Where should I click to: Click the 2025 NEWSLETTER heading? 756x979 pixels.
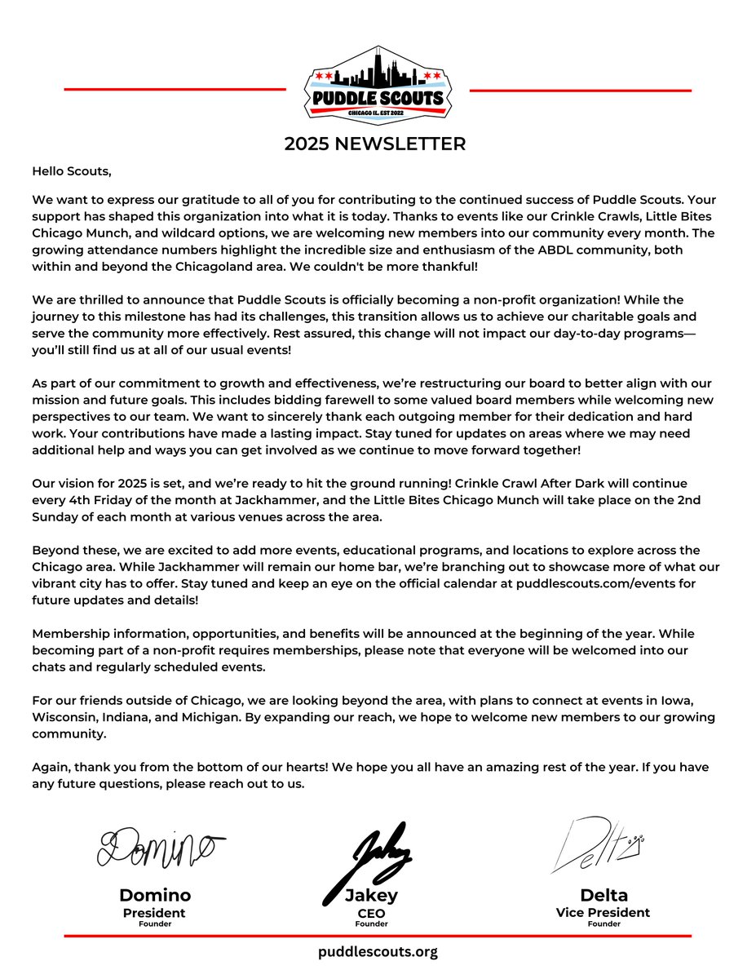pyautogui.click(x=375, y=144)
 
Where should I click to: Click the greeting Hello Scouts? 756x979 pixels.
pyautogui.click(x=71, y=171)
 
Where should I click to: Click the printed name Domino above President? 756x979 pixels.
pyautogui.click(x=154, y=895)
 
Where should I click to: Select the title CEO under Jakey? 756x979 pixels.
pyautogui.click(x=371, y=913)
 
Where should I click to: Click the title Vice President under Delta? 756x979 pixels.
pyautogui.click(x=603, y=913)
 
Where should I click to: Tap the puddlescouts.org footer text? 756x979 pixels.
pyautogui.click(x=378, y=951)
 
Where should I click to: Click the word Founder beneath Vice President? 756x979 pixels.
pyautogui.click(x=603, y=924)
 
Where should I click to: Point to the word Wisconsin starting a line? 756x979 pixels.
pyautogui.click(x=64, y=717)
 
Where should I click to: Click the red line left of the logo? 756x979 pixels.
pyautogui.click(x=175, y=90)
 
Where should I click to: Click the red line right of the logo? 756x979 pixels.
pyautogui.click(x=581, y=90)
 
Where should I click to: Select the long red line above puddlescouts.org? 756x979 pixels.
pyautogui.click(x=378, y=936)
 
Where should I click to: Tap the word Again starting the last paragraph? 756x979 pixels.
pyautogui.click(x=50, y=768)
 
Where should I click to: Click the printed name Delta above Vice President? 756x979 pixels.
pyautogui.click(x=603, y=895)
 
